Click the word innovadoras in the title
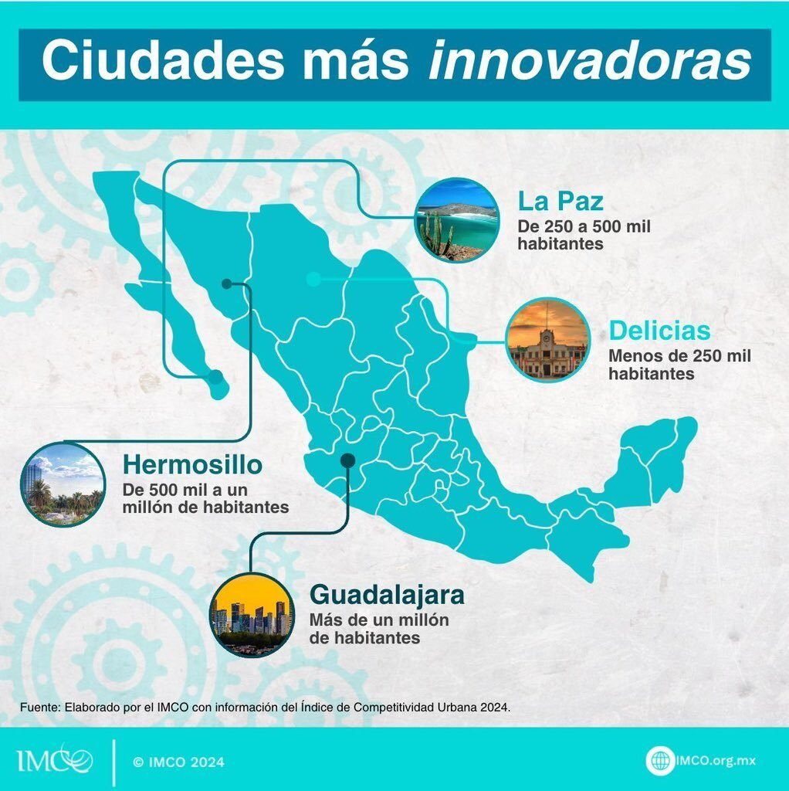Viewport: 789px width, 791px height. tap(590, 59)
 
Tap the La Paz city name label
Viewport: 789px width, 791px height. tap(560, 202)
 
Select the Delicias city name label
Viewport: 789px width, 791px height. tap(659, 331)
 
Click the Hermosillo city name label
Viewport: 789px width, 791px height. tap(192, 464)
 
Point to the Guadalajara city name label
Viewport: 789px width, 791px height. tap(387, 595)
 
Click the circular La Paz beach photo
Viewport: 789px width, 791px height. tap(457, 220)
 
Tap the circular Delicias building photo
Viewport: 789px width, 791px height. tap(548, 340)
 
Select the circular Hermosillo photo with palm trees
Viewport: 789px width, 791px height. tap(63, 484)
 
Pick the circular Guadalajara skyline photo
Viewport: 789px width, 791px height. tap(252, 615)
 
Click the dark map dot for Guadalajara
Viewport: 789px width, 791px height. tap(348, 460)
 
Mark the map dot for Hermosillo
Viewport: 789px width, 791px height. tap(227, 284)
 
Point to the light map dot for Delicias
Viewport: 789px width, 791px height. tap(313, 278)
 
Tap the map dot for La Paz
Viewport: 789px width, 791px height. tap(215, 377)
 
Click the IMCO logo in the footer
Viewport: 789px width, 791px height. tap(55, 759)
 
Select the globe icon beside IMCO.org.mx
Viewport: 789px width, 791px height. tap(660, 760)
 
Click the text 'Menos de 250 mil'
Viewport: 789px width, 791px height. tap(679, 355)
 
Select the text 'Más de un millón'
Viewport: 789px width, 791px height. tap(379, 620)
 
